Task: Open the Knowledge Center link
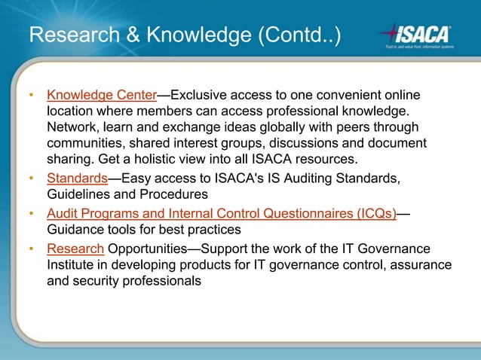(x=101, y=96)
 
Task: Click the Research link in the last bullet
(x=75, y=249)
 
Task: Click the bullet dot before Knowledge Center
(x=32, y=96)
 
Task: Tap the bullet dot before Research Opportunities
(x=32, y=249)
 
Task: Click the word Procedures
(x=175, y=194)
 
